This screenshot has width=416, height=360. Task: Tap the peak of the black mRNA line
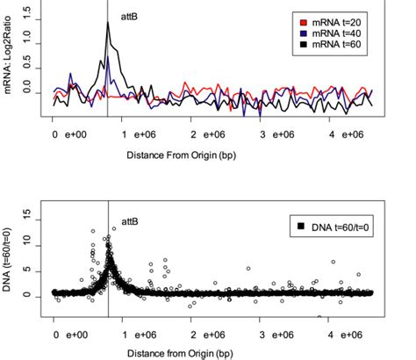[107, 24]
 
